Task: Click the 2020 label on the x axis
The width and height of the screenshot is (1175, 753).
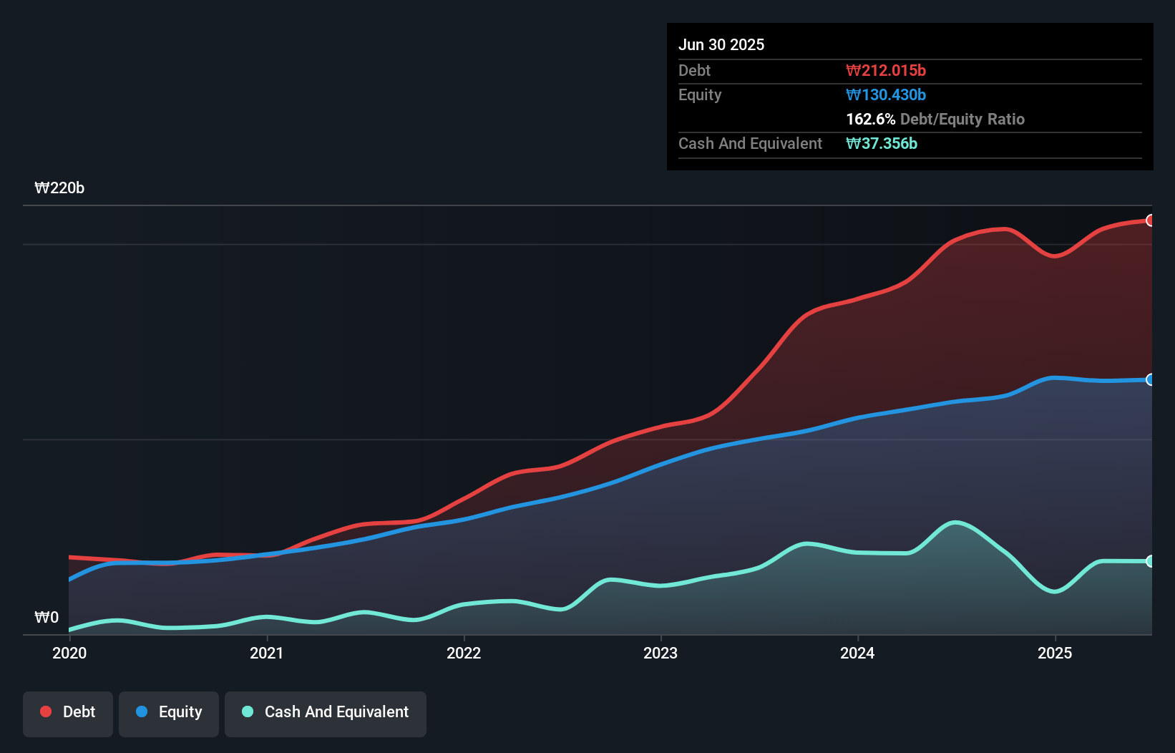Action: pos(69,653)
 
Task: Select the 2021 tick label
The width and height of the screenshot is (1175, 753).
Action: pos(266,653)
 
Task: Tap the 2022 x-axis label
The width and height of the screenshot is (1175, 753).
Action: pos(464,653)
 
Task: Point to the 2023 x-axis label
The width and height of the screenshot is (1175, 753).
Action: pos(660,653)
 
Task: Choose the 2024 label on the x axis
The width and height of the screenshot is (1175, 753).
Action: pos(857,653)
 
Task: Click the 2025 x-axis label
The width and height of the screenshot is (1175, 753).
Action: pos(1055,653)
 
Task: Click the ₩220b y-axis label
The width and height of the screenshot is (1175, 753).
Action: pos(59,188)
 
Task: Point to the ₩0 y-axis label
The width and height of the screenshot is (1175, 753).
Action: pos(47,617)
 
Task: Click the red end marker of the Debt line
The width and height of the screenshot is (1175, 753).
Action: pos(1150,220)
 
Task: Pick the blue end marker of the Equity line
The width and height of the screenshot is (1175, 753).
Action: pos(1150,379)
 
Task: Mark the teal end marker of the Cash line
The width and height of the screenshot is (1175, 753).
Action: pos(1150,561)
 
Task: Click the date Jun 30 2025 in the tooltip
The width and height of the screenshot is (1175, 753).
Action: pos(721,44)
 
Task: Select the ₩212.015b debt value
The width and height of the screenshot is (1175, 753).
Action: pos(886,70)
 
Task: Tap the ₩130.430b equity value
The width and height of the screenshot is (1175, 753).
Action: pos(886,94)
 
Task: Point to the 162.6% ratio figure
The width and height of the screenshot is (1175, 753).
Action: pos(870,119)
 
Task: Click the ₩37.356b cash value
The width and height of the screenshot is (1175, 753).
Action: pos(882,143)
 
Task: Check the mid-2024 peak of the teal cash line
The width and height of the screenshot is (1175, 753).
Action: pos(955,523)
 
